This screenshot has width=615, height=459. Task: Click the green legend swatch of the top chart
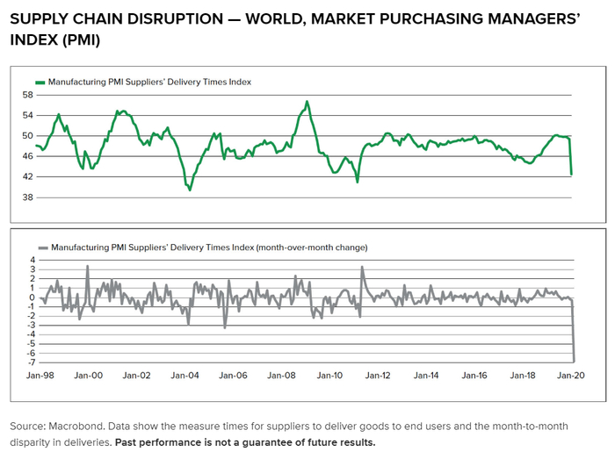(40, 82)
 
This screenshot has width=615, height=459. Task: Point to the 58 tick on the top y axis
(27, 95)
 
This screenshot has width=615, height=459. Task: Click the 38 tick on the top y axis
(27, 197)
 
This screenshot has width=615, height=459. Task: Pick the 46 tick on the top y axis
(27, 156)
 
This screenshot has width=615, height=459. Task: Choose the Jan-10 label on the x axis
(330, 376)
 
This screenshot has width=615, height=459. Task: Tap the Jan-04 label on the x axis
(184, 376)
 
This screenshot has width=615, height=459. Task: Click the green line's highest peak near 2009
(307, 101)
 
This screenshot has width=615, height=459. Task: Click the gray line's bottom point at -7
(573, 361)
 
